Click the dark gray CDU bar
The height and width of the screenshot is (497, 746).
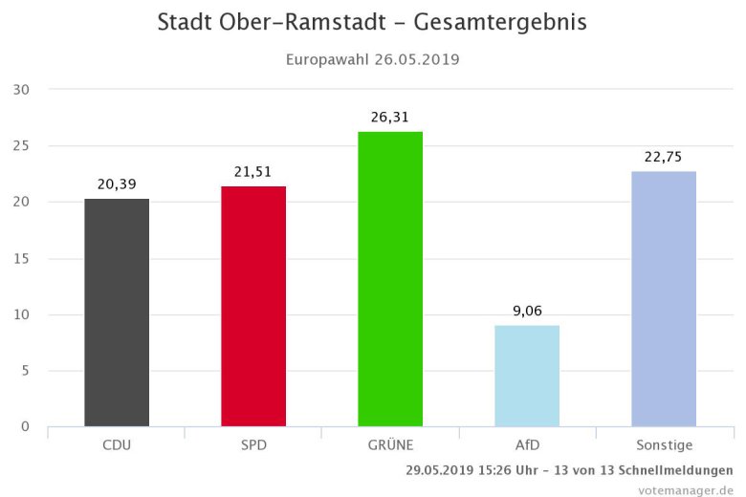(x=117, y=313)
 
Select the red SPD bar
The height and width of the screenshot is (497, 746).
(x=253, y=306)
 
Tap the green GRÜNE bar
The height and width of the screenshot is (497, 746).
(x=390, y=279)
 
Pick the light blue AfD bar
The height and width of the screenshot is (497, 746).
(x=527, y=376)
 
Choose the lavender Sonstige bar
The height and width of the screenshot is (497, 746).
(x=664, y=299)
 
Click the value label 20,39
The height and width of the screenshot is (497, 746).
(x=117, y=184)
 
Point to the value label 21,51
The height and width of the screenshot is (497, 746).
(x=253, y=172)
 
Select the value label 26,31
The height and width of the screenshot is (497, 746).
(x=390, y=118)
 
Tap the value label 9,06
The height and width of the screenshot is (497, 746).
(x=527, y=312)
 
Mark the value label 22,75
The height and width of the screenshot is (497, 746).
(x=664, y=158)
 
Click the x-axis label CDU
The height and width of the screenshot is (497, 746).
(x=117, y=445)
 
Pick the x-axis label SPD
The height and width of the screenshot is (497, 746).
(x=253, y=445)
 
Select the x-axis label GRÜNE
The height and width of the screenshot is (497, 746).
(x=390, y=445)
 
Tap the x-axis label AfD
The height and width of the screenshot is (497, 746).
(x=527, y=445)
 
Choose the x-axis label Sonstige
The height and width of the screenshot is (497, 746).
(x=664, y=445)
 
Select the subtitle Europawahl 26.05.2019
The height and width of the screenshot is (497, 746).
(x=373, y=59)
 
